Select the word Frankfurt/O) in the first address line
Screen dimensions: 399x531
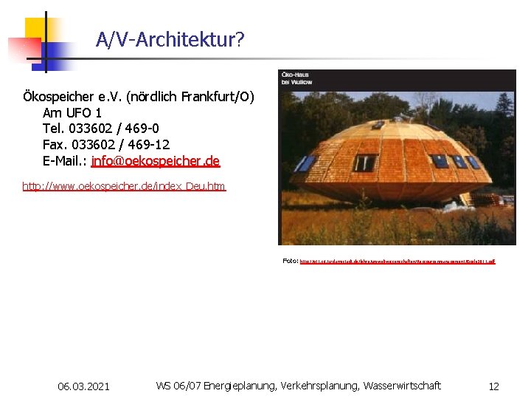coord(219,97)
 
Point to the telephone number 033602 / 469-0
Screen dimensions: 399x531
coord(114,129)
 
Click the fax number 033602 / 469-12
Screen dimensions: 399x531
coord(118,145)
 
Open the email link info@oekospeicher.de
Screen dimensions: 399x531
coord(156,161)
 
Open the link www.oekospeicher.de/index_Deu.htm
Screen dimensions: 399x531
coord(124,186)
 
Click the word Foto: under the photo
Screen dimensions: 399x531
coord(291,261)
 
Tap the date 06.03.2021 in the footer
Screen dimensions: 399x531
coord(83,386)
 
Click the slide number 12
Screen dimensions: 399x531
coord(493,386)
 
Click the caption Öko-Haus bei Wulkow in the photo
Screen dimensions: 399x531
coord(296,78)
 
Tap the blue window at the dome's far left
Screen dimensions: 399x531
coord(304,164)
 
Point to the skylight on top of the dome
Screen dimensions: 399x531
coord(378,126)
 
